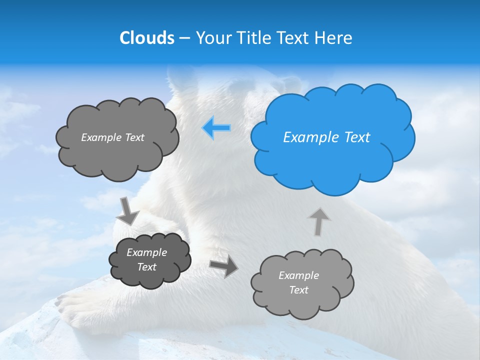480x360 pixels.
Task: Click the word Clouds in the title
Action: coord(146,38)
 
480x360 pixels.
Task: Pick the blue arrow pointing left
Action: coord(216,128)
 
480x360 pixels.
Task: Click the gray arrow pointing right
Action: coord(223,267)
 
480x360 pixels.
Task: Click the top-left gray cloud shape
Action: coord(116,150)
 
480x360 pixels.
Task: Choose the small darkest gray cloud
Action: coord(150,260)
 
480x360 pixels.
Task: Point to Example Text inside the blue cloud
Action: coord(326,137)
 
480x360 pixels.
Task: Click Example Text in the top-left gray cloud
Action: coord(112,137)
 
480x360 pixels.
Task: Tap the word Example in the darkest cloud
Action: coord(146,252)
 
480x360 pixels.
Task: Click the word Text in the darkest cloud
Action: coord(146,267)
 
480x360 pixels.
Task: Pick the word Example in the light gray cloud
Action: coord(298,275)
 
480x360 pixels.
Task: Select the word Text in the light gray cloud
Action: coord(298,290)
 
